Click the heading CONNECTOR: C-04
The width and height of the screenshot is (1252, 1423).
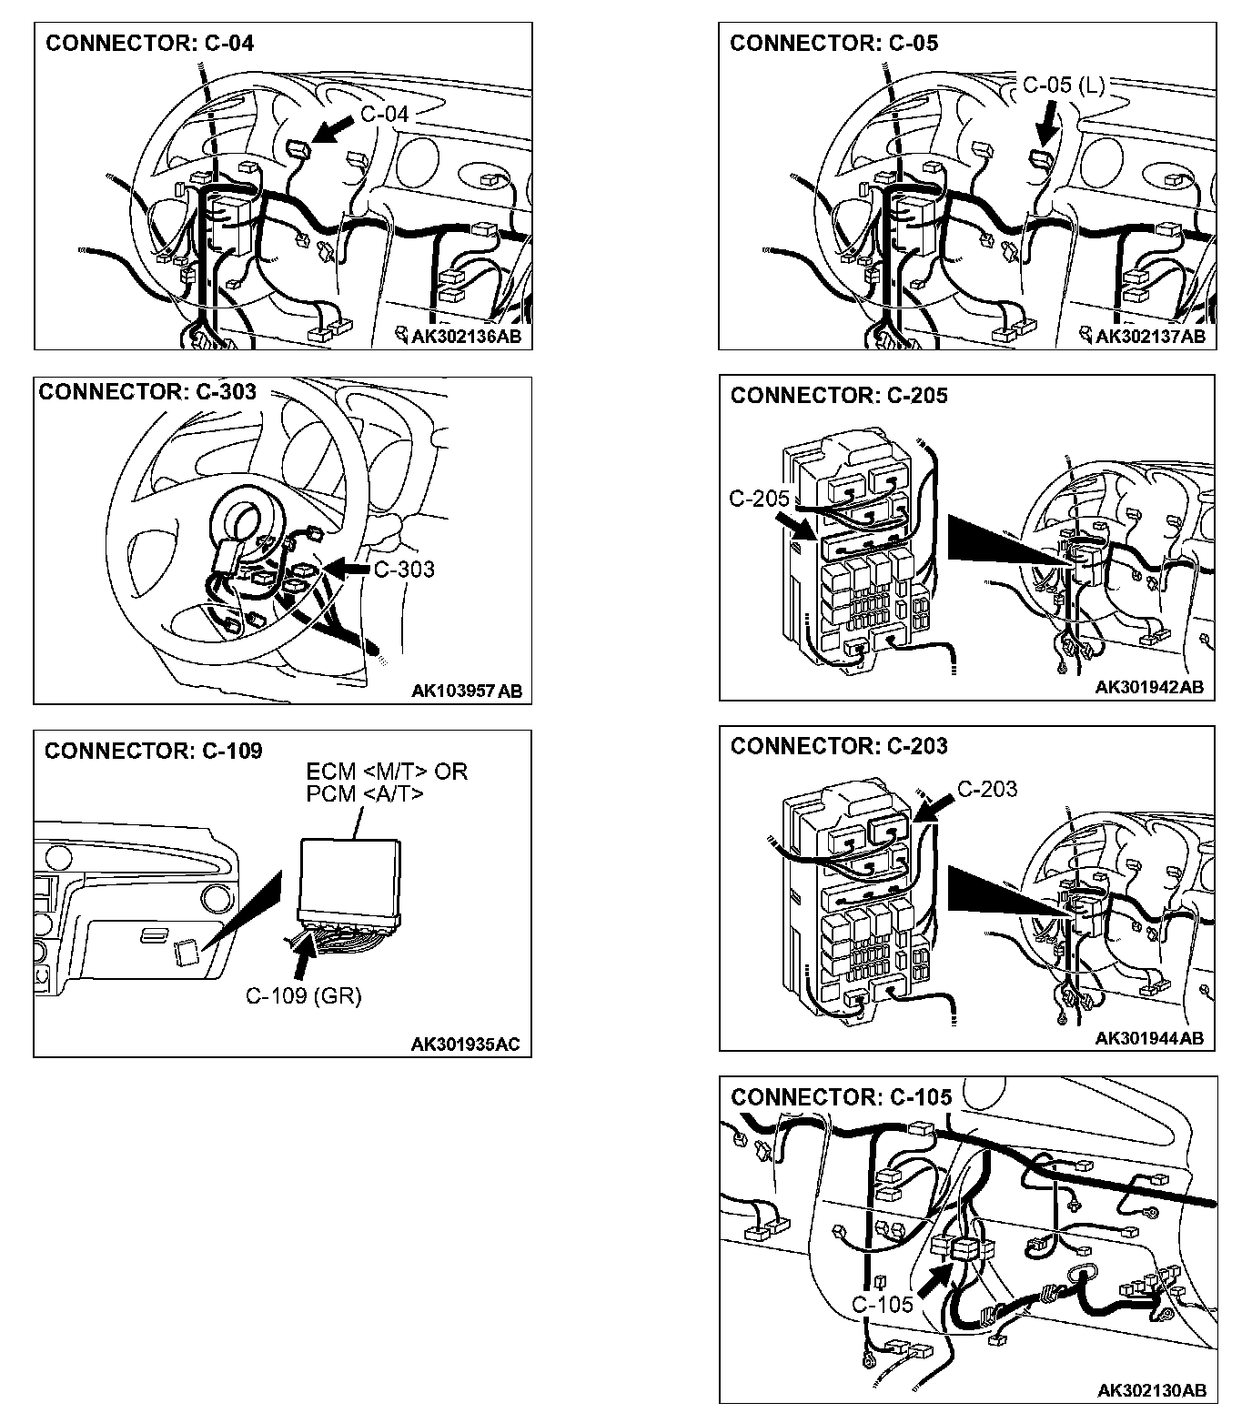pos(149,43)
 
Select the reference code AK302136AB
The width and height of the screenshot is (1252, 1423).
pos(467,337)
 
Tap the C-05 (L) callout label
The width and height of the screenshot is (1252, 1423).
pos(1063,86)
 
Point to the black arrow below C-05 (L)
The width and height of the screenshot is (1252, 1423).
pos(1049,122)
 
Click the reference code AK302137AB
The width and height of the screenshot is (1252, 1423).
pos(1150,337)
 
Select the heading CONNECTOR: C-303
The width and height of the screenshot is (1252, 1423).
pos(147,391)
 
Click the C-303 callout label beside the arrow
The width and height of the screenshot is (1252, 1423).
pos(404,570)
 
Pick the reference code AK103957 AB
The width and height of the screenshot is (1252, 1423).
pos(467,691)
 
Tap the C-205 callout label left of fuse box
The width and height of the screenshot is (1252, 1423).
pos(759,499)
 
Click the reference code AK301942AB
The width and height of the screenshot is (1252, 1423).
pos(1149,687)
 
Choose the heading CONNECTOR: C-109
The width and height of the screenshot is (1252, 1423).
pos(153,751)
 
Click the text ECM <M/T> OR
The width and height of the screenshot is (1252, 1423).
pos(386,772)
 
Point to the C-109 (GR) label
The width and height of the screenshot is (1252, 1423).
pos(304,996)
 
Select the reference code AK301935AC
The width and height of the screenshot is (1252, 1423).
pos(466,1044)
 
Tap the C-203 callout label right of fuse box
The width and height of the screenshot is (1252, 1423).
pos(987,789)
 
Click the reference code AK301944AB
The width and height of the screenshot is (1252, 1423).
pos(1149,1038)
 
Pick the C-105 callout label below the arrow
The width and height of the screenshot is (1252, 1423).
pos(882,1304)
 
